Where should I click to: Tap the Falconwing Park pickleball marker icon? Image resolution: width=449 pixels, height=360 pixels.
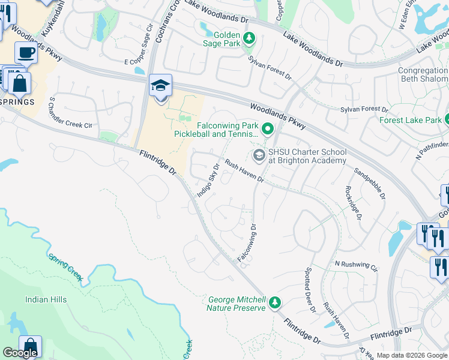[x=268, y=129]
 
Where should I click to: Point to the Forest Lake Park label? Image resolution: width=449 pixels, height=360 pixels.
[x=410, y=120]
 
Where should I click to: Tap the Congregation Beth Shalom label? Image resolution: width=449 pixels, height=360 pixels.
[x=423, y=74]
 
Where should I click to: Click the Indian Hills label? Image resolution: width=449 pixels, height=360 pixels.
[x=46, y=299]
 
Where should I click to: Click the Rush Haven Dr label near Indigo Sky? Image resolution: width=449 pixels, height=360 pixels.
[x=244, y=170]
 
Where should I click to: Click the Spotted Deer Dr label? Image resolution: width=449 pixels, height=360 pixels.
[x=310, y=290]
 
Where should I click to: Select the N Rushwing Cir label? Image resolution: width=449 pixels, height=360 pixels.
[x=356, y=265]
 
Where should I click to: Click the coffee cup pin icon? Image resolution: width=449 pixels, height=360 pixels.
[x=26, y=53]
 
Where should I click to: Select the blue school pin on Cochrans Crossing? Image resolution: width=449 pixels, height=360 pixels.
[x=160, y=85]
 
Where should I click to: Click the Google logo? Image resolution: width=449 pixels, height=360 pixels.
[x=20, y=353]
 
